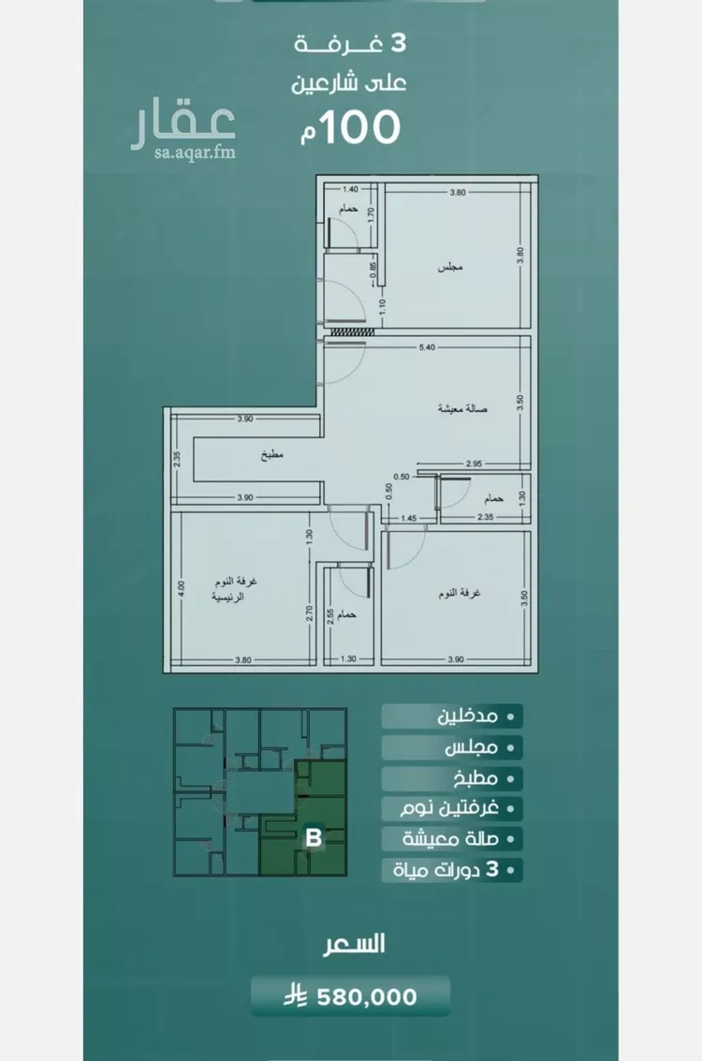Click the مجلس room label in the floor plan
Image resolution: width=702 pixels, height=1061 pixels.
[x=450, y=267]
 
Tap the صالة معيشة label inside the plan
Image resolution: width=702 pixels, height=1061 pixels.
[x=462, y=408]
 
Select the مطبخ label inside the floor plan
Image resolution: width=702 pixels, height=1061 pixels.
[x=271, y=455]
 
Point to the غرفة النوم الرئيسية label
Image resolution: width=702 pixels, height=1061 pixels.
[x=234, y=589]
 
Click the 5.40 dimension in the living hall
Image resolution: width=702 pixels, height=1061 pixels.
[x=427, y=347]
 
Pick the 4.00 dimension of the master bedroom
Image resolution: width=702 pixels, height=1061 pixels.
[x=181, y=586]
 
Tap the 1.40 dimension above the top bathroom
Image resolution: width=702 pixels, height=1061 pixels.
[x=350, y=190]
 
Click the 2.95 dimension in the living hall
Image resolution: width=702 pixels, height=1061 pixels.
[x=474, y=464]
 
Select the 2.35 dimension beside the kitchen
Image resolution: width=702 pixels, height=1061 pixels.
[x=177, y=460]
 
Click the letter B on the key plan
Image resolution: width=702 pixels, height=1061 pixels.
[x=314, y=838]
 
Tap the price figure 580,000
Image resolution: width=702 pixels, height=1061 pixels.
[x=367, y=996]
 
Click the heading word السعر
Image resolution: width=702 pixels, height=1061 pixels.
[x=353, y=944]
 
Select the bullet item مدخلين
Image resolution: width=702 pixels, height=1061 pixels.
[x=467, y=715]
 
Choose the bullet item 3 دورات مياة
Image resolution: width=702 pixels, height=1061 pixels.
[x=455, y=870]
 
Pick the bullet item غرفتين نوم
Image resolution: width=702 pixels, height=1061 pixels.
[x=449, y=808]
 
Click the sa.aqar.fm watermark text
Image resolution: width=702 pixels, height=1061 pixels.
[x=195, y=153]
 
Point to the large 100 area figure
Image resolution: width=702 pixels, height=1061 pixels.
[x=361, y=127]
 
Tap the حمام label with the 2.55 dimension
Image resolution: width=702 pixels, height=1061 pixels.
[x=347, y=614]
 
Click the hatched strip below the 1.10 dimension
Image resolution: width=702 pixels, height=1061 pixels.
[x=352, y=331]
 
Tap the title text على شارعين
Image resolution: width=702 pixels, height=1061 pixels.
[x=348, y=83]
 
